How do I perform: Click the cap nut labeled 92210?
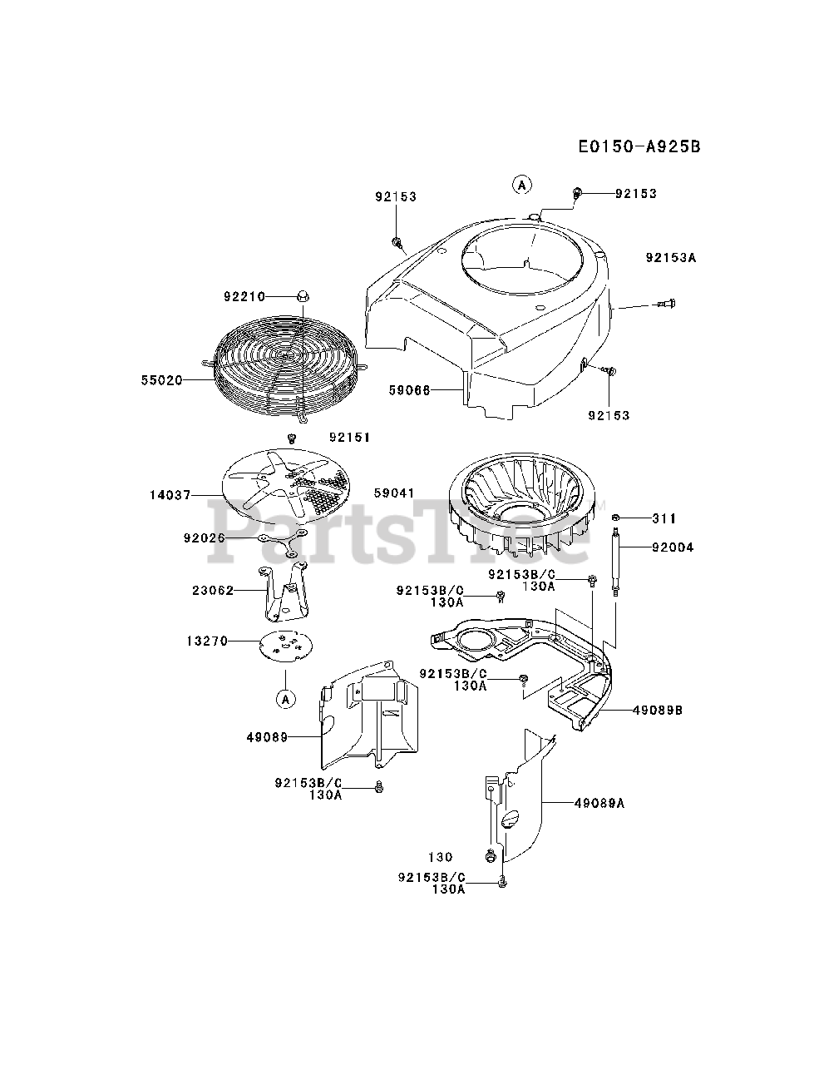(302, 296)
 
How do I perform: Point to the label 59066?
(409, 389)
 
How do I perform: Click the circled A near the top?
(521, 185)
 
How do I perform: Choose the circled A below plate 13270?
(285, 699)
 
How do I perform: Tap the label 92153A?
(670, 258)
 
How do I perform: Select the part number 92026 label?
(205, 537)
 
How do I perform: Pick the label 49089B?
(658, 711)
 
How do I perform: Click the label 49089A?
(599, 803)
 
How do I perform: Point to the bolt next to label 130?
(490, 855)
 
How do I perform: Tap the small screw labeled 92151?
(292, 438)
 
